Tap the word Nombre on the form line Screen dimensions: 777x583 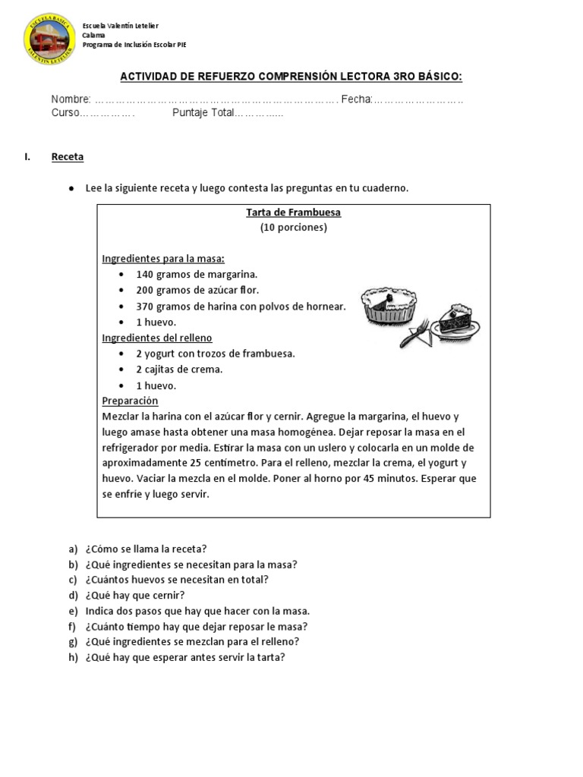pyautogui.click(x=71, y=99)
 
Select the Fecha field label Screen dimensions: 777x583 pyautogui.click(x=356, y=99)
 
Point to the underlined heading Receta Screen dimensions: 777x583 pyautogui.click(x=68, y=157)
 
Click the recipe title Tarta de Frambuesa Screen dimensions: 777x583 pyautogui.click(x=293, y=212)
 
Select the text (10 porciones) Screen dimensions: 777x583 pyautogui.click(x=293, y=228)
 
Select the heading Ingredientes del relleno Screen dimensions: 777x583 pyautogui.click(x=157, y=338)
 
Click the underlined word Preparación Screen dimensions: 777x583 pyautogui.click(x=130, y=401)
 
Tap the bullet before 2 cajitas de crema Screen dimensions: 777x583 pyautogui.click(x=121, y=370)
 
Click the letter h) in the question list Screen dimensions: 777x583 pyautogui.click(x=73, y=658)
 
